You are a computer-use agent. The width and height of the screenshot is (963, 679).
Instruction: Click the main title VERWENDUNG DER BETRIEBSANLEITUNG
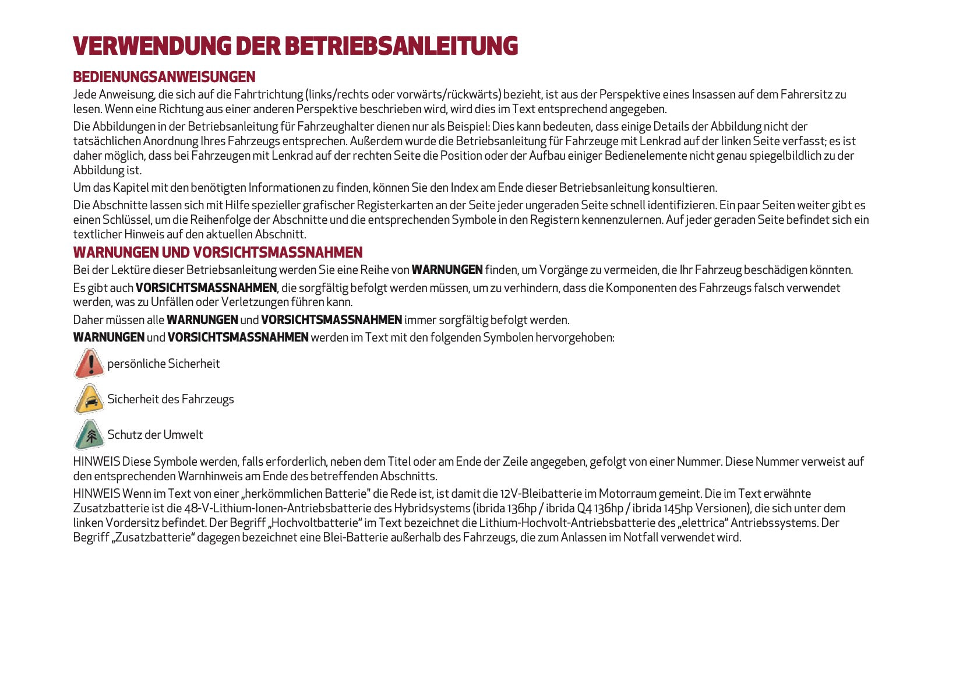click(295, 46)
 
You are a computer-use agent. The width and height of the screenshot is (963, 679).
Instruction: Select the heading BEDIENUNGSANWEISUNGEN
click(164, 77)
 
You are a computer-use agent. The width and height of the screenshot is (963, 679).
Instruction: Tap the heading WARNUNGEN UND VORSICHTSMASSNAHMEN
click(217, 252)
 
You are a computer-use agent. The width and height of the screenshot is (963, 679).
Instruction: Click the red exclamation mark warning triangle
click(89, 364)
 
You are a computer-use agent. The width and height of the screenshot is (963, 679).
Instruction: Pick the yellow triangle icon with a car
click(89, 399)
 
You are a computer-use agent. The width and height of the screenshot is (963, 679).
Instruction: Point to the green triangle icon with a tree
click(89, 435)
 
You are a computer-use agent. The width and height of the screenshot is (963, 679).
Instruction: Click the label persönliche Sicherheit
click(164, 364)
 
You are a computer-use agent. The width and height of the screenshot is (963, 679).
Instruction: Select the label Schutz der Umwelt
click(155, 435)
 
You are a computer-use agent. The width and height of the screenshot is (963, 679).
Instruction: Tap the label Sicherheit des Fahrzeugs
click(171, 399)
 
